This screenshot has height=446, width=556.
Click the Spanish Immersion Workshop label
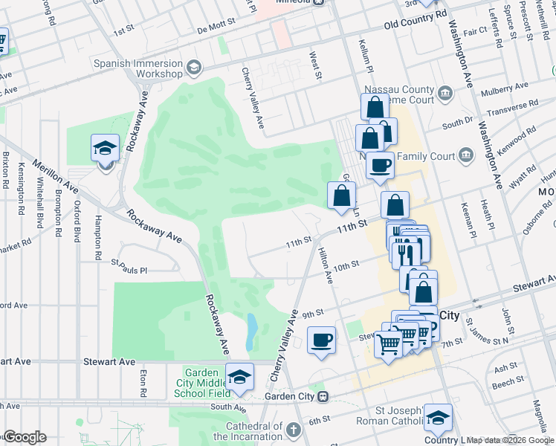pos(138,68)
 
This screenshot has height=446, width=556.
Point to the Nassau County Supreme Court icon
pos(446,93)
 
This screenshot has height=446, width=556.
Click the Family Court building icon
pos(466,155)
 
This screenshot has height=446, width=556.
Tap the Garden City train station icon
pos(322,396)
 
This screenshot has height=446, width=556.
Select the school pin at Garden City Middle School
pos(239,377)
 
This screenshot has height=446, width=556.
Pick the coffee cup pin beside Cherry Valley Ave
pos(321,340)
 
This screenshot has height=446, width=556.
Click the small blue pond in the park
pos(252,326)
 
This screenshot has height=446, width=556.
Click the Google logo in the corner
pos(25,437)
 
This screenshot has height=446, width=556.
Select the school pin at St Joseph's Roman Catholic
pos(439,418)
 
